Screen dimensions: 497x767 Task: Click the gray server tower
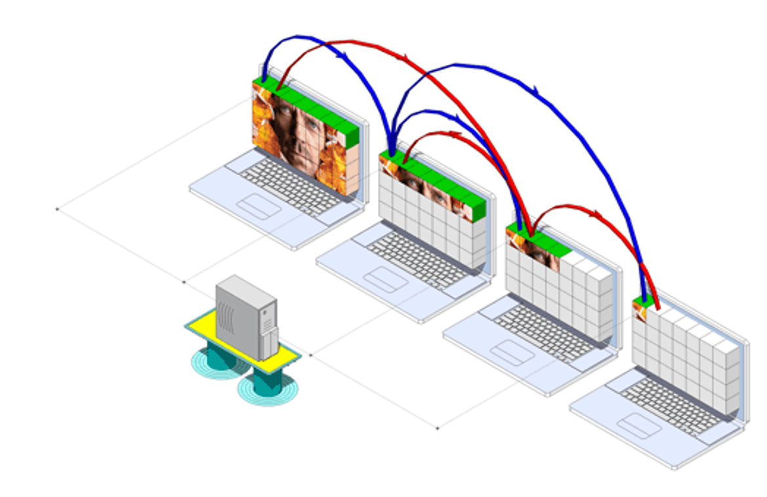point(245,315)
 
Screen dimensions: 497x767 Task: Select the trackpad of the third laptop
point(512,353)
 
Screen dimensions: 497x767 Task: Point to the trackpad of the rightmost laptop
point(638,426)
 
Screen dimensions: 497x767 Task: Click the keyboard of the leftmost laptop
point(289,182)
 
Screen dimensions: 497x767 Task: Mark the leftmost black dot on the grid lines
point(56,209)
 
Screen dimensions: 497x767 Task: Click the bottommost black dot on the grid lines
point(438,428)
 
